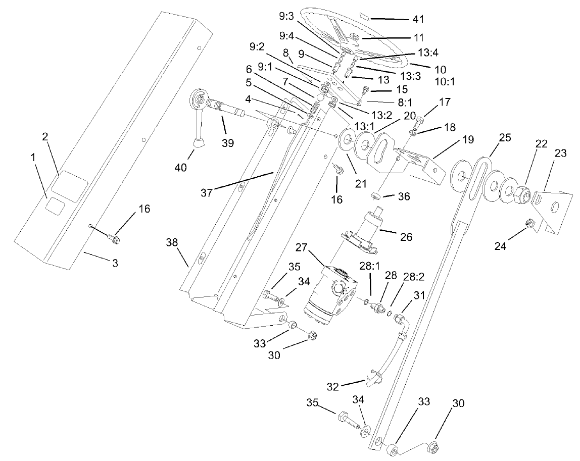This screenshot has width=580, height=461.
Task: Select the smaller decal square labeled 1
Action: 55,205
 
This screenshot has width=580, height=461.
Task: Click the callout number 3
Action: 115,263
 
